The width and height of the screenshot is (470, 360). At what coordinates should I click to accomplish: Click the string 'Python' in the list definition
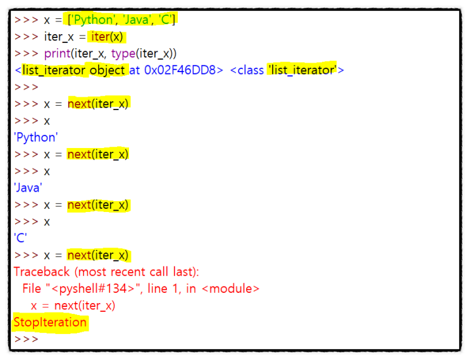point(97,19)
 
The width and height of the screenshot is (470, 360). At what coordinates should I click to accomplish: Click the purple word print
point(58,53)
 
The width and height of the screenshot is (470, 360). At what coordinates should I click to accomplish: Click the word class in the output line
point(250,70)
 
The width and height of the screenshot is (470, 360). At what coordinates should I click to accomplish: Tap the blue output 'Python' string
point(35,137)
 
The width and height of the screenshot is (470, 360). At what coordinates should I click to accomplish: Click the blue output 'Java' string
point(28,188)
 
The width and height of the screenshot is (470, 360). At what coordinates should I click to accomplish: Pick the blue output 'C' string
point(20,239)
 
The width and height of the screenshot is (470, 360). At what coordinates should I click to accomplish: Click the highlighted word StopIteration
point(50,323)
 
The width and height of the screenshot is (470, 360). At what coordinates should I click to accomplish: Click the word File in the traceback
point(32,289)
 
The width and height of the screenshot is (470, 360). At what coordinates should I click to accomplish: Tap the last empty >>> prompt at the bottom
point(26,339)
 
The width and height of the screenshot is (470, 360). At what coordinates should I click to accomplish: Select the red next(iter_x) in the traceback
point(84,306)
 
